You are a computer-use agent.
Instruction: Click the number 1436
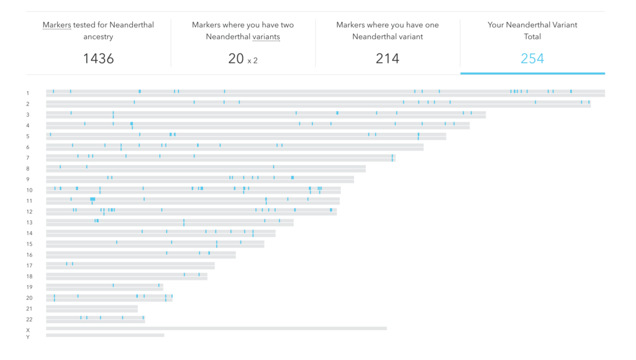(x=98, y=59)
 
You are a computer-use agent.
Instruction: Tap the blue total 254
(x=532, y=59)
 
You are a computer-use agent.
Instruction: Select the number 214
(x=388, y=59)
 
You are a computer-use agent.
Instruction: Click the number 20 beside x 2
(x=235, y=59)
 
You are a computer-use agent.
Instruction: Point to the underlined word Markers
(x=57, y=25)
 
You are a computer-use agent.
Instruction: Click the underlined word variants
(x=266, y=37)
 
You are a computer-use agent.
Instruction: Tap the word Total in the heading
(x=532, y=37)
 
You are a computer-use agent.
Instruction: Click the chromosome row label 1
(x=27, y=93)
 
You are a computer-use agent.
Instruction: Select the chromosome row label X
(x=27, y=330)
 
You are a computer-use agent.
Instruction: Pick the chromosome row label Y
(x=27, y=337)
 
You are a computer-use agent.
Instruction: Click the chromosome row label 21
(x=29, y=308)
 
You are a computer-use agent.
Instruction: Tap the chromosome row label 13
(x=29, y=223)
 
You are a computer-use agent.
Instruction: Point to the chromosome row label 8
(x=27, y=169)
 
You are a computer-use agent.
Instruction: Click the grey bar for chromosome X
(x=216, y=328)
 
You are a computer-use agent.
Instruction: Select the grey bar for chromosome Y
(x=105, y=335)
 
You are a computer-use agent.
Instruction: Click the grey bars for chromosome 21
(x=92, y=308)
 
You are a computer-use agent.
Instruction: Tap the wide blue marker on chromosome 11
(x=93, y=199)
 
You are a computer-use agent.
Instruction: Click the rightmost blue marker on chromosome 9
(x=293, y=178)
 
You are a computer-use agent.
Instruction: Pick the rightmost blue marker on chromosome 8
(x=273, y=166)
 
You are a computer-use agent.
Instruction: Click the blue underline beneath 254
(x=532, y=73)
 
